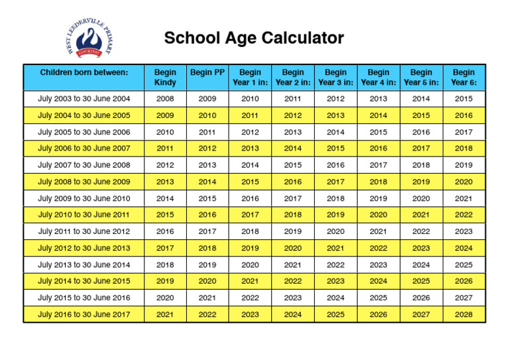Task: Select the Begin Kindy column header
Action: [x=165, y=78]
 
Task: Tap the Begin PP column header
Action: [x=207, y=72]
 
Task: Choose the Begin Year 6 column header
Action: [x=464, y=78]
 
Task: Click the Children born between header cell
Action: [x=84, y=72]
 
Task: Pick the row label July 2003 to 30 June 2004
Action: [x=84, y=99]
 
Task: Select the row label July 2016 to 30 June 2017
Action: [x=84, y=314]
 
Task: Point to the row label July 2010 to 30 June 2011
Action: [x=84, y=215]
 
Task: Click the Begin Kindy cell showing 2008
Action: [x=165, y=99]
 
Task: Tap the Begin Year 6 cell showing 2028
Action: [x=464, y=314]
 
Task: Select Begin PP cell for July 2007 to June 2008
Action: [x=207, y=165]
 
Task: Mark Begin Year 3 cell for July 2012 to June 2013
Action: [x=335, y=248]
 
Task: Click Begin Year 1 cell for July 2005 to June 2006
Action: [x=250, y=132]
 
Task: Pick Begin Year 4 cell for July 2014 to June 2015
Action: [x=378, y=281]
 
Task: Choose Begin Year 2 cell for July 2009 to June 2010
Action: [x=293, y=198]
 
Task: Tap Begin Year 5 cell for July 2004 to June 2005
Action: [x=421, y=115]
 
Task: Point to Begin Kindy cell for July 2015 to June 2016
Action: [x=165, y=298]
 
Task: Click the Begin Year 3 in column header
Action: [x=335, y=78]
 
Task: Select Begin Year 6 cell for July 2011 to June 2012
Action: [x=464, y=231]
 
